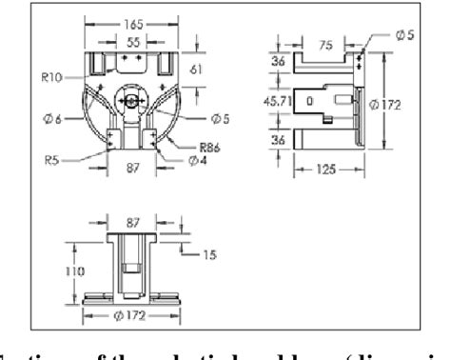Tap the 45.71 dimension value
277,100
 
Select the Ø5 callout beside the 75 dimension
405,35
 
